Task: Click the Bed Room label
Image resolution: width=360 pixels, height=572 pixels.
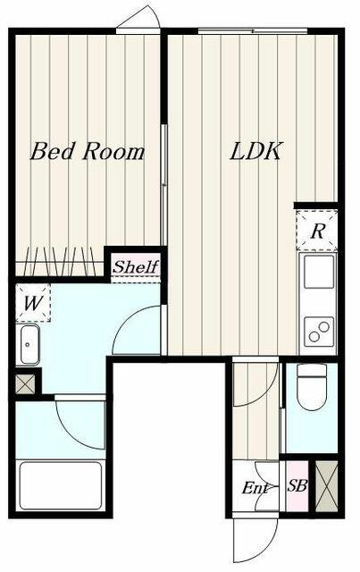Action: [x=88, y=152]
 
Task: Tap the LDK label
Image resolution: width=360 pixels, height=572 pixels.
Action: [x=256, y=151]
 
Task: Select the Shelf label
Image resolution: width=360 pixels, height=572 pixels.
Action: [x=136, y=267]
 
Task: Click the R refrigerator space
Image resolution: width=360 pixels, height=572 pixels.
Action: [x=316, y=231]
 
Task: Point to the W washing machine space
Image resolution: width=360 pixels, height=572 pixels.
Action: [x=33, y=303]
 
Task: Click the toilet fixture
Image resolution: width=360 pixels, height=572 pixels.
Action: [x=312, y=387]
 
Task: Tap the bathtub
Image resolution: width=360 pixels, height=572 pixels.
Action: [x=61, y=485]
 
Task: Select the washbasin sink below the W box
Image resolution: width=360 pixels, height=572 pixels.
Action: [x=29, y=345]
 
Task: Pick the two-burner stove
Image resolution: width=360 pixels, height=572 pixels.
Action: [x=319, y=332]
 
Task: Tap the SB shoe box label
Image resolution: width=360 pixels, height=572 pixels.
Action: [x=297, y=485]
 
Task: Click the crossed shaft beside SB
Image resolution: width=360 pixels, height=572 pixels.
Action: [x=326, y=486]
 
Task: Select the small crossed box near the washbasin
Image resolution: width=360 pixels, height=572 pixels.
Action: [x=26, y=384]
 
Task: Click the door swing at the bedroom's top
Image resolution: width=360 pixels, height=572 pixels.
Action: [x=138, y=18]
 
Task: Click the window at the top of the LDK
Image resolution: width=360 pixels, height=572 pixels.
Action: [x=253, y=31]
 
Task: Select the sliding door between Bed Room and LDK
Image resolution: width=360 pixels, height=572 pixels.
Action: [x=164, y=185]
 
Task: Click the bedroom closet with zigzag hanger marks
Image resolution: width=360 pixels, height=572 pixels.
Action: [x=60, y=262]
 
